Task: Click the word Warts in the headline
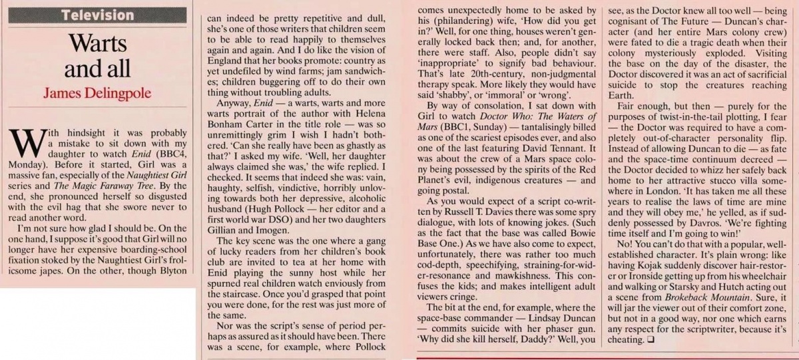coord(99,43)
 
